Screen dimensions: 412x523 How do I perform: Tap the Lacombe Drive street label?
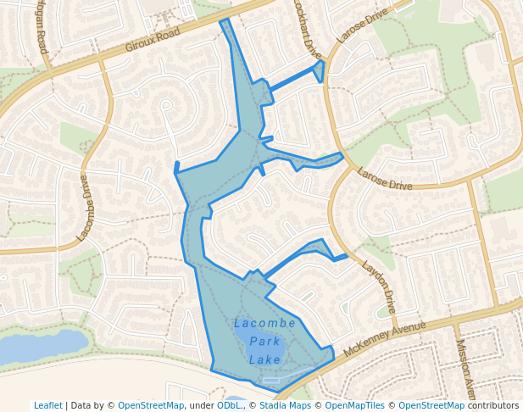[86, 208]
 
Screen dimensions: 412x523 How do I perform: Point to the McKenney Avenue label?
[385, 336]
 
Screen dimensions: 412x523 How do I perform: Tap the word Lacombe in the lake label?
[264, 324]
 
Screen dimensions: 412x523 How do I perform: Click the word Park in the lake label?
[265, 342]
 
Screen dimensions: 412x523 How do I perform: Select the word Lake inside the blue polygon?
[264, 360]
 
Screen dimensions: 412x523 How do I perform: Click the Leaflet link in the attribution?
[47, 405]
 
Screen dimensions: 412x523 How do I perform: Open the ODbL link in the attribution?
[229, 405]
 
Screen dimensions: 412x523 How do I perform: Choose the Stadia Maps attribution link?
[282, 405]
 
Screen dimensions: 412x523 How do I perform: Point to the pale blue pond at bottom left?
[42, 346]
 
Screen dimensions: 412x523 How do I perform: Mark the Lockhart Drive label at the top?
[303, 25]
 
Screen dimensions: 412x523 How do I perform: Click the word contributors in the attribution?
[492, 405]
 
